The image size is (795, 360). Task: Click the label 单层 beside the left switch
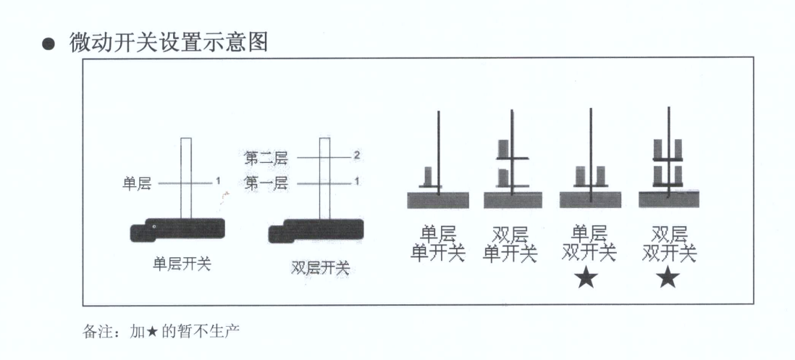click(x=136, y=184)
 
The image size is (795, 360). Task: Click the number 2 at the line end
click(x=357, y=155)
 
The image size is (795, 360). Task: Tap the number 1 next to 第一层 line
click(x=357, y=181)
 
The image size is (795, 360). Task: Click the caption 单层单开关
click(x=437, y=244)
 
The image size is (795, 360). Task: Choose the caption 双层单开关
click(x=510, y=244)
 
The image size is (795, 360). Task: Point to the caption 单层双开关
click(x=589, y=244)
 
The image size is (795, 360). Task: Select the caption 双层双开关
click(x=669, y=244)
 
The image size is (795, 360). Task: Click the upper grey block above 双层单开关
click(x=504, y=149)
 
